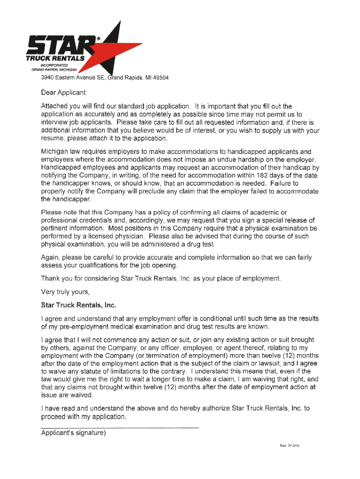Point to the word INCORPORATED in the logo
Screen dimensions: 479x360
pos(52,65)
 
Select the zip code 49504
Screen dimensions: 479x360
pos(159,78)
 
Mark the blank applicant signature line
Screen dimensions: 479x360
pos(120,428)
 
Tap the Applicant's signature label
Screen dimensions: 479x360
pos(73,433)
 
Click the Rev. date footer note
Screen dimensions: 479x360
pos(286,445)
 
